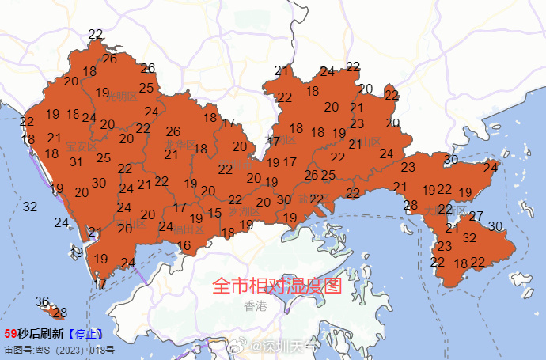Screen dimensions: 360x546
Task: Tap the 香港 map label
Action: (256, 305)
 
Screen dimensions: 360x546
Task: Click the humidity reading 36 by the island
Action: (43, 301)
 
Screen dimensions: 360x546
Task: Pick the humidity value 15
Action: (214, 214)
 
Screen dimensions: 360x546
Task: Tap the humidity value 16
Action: (184, 246)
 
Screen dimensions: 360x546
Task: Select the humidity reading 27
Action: (476, 217)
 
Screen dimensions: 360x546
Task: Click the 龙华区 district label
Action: (180, 145)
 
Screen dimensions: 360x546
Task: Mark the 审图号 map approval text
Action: (59, 349)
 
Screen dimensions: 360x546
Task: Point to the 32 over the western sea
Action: (30, 207)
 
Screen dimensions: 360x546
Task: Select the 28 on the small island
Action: (59, 313)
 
